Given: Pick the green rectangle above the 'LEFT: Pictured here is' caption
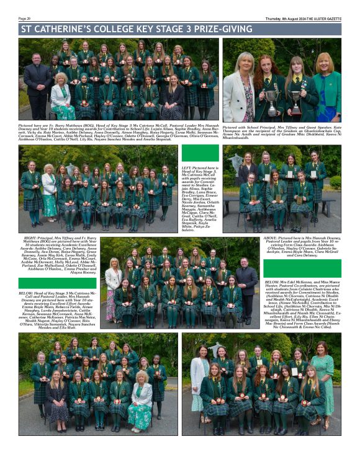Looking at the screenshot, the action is click(200, 154).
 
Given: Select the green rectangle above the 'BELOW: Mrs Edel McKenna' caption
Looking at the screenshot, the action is click(302, 268).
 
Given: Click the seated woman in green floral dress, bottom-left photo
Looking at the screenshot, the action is click(138, 403).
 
